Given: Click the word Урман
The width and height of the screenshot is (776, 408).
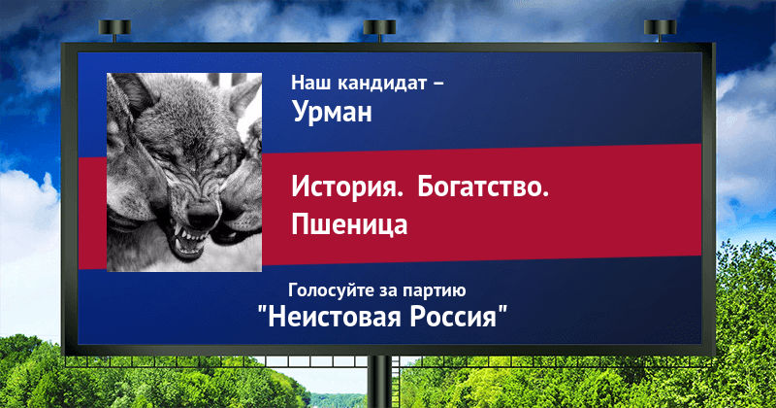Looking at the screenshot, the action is pos(332,112).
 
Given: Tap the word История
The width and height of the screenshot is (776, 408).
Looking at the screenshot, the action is pos(347,187).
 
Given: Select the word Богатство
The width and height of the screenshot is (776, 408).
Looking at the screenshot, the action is pos(483,187).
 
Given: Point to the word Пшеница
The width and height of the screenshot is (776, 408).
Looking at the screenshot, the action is pos(349,224).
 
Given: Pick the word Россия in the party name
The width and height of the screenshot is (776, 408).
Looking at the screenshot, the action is pos(452,317).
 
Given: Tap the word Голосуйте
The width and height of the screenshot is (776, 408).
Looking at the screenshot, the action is pos(330,290).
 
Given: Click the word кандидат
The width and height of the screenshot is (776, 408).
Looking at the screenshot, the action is pos(382,83).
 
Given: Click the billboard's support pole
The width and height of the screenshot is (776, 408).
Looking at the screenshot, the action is pos(380,382).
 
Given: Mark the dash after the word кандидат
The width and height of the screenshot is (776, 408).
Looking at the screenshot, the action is pos(438,84).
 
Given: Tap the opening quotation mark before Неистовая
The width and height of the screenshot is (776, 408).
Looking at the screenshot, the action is pos(262,310).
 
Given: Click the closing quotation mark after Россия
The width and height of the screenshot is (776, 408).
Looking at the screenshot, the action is pos(502,310).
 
